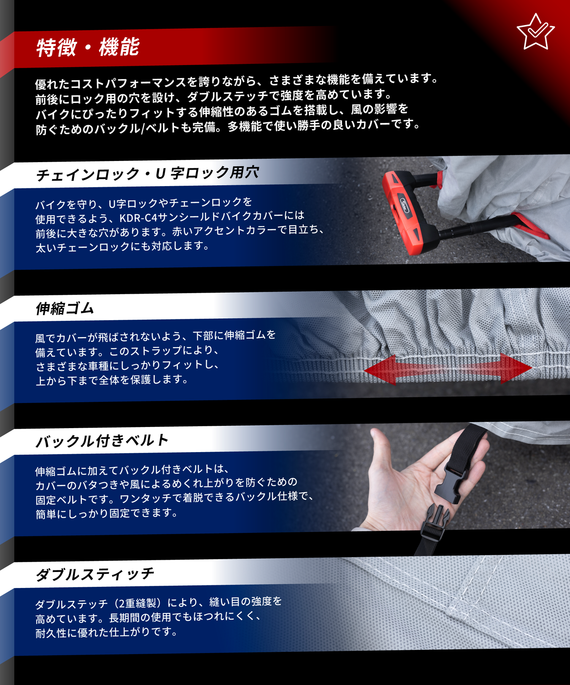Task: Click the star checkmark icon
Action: pos(535,32)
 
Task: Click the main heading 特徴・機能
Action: pos(88,48)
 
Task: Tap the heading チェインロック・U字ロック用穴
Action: pos(147,174)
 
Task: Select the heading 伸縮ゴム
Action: pos(65,308)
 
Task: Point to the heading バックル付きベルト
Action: pos(102,441)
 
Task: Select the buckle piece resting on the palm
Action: pos(450,481)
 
